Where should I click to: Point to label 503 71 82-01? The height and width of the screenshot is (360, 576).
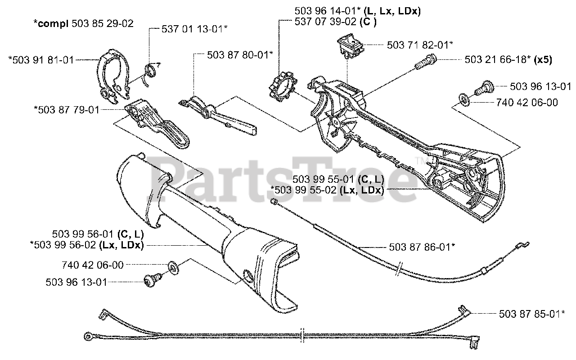tap(419, 45)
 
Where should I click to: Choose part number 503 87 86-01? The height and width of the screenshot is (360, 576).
tap(421, 247)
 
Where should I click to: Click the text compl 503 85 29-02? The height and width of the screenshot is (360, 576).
tap(84, 23)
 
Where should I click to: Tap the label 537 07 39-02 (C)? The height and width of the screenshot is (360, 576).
tap(336, 22)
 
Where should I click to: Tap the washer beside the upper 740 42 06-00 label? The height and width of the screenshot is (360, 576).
tap(463, 99)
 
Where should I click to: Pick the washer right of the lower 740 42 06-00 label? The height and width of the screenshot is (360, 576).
tap(173, 268)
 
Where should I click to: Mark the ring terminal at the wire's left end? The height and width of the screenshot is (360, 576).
tap(88, 335)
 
